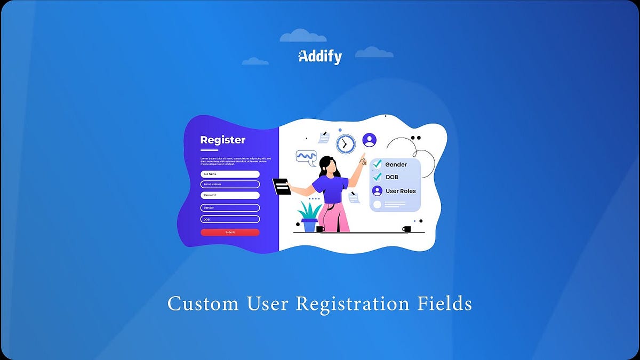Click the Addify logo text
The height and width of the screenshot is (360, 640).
(x=320, y=57)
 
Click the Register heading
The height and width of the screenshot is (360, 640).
(x=223, y=140)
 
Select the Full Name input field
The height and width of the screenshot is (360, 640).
(x=230, y=174)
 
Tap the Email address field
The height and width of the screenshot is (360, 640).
(x=230, y=184)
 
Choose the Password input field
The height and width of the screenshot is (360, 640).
(x=230, y=195)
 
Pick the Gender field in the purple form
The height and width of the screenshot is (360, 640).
(x=230, y=207)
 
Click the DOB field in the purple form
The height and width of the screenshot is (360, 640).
(x=230, y=219)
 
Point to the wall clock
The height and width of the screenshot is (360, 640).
(x=346, y=144)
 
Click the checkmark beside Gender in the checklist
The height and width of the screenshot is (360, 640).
(x=378, y=164)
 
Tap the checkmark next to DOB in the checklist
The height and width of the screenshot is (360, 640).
(x=378, y=177)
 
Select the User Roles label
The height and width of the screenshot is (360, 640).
(x=401, y=191)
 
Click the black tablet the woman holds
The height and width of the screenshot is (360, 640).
(x=282, y=186)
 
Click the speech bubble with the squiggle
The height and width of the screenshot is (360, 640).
(x=306, y=156)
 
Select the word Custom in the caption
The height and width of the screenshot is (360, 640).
(x=203, y=304)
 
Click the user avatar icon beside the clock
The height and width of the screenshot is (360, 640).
(x=369, y=140)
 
